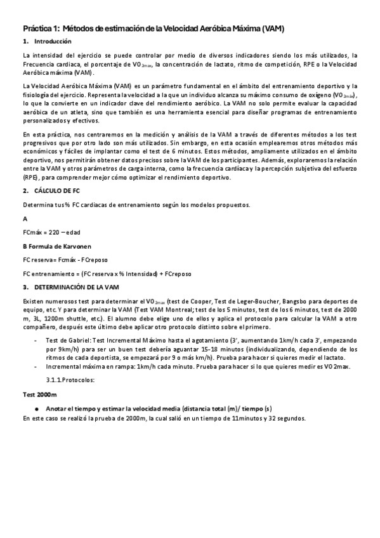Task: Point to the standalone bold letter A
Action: click(25, 218)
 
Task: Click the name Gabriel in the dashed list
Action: click(76, 341)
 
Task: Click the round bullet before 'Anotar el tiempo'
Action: click(38, 408)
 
